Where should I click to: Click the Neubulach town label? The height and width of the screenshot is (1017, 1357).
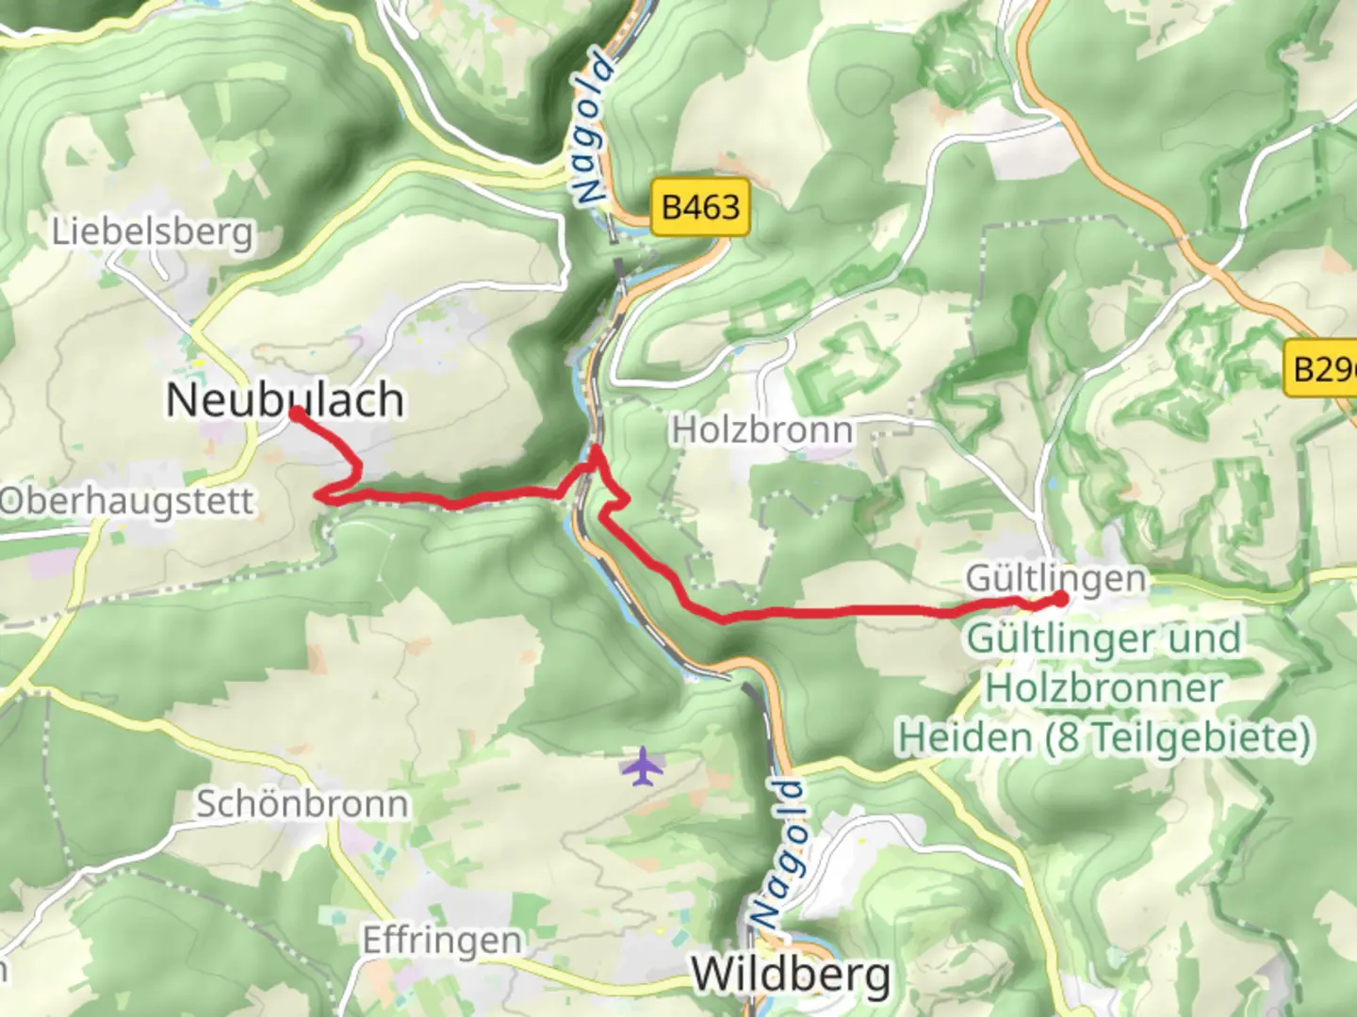[285, 399]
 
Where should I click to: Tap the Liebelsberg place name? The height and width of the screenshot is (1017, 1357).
[153, 232]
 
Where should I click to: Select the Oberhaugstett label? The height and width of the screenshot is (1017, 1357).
[126, 501]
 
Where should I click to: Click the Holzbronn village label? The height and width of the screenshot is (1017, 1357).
[761, 430]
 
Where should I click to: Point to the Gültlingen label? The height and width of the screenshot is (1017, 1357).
[1055, 577]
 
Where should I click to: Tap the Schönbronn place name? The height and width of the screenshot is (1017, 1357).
[302, 804]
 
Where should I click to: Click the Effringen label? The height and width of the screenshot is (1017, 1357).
[441, 940]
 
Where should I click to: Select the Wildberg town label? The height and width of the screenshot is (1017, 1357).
[790, 974]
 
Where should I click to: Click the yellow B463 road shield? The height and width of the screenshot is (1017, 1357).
[700, 207]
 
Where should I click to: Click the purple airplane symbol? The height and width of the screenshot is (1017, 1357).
[643, 766]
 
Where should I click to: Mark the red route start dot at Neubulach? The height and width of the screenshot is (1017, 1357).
[296, 413]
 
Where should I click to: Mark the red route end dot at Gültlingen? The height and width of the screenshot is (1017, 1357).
[1061, 598]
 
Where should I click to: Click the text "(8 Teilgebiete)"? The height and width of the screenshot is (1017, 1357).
[1177, 736]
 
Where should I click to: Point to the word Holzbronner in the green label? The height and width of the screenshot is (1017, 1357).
[1104, 687]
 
